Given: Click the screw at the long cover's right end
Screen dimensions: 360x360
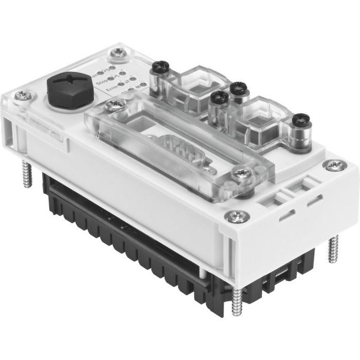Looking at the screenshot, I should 239,173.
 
